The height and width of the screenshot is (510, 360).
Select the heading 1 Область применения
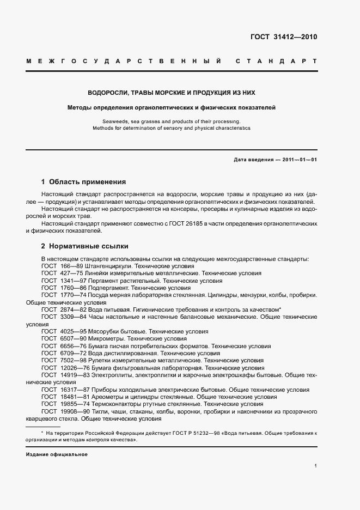84,181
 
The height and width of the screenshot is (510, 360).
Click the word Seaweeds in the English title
114,121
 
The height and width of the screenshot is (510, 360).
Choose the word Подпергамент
104,287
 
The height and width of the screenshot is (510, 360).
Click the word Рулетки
94,360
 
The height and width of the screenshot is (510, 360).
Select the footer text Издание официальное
57,454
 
